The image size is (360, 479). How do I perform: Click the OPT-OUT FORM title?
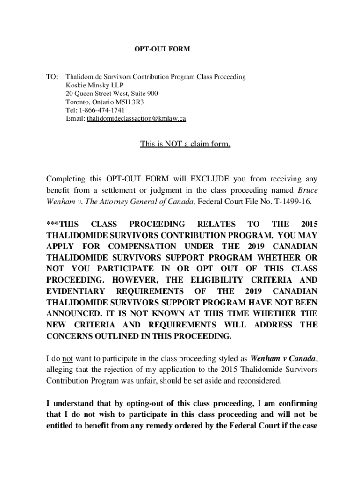pos(163,49)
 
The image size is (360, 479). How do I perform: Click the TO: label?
pos(52,76)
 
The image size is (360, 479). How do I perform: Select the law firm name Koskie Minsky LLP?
pos(92,85)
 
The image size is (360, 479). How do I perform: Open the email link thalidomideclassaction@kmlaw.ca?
pos(137,119)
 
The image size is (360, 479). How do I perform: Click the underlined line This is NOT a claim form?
pos(185,144)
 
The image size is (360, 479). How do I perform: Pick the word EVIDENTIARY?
pos(73,291)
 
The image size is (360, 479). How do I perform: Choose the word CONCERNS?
pos(68,336)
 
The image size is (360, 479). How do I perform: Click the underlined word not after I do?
pos(67,359)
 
